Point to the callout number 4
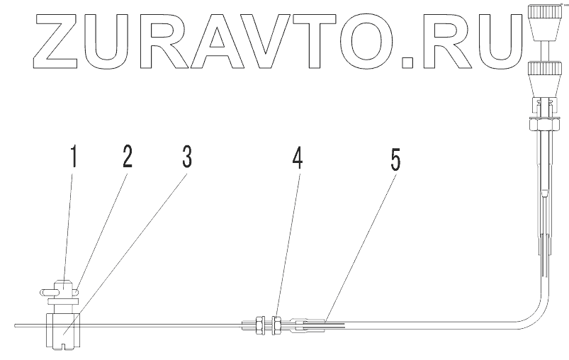(298, 159)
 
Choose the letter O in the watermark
(387, 45)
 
